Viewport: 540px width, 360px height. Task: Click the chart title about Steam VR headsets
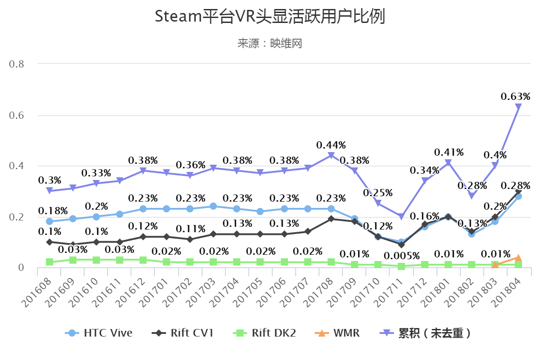[270, 17]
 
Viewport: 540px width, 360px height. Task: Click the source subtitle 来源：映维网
[270, 43]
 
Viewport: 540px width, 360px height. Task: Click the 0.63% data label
[516, 96]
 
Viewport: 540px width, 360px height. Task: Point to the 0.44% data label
[331, 145]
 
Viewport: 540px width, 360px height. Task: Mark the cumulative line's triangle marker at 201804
[518, 107]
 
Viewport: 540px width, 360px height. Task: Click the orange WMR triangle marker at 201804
[518, 258]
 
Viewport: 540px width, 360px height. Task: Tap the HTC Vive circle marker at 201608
[49, 221]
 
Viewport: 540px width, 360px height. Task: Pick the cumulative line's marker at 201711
[401, 216]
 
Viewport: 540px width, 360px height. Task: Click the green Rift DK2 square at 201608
[49, 262]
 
